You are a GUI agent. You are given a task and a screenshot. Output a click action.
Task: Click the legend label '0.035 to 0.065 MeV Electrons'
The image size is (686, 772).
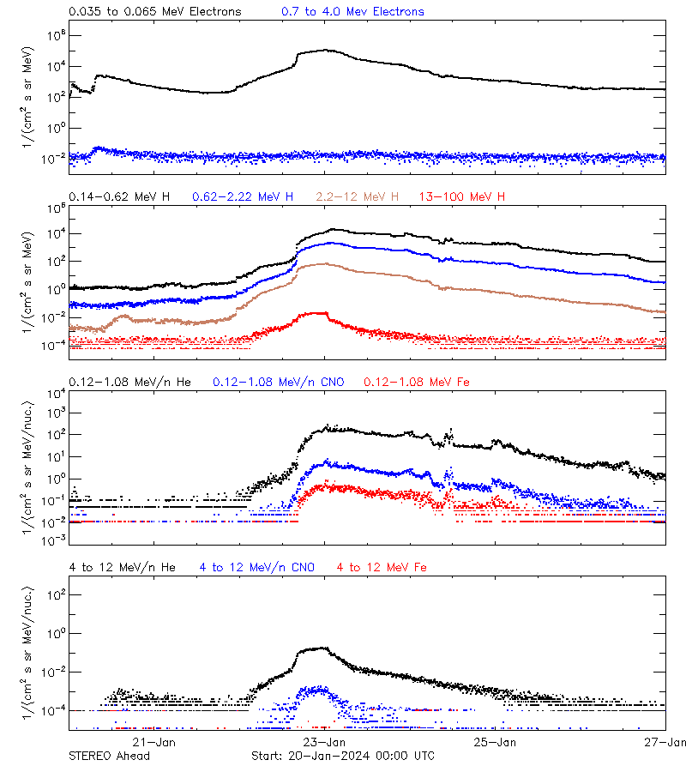[x=154, y=12]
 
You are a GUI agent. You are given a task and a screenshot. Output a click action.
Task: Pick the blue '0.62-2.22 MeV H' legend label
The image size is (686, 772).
[x=243, y=197]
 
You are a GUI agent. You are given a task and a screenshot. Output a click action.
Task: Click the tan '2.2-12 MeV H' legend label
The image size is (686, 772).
[x=358, y=197]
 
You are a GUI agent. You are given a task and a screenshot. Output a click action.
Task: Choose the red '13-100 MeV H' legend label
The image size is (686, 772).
[x=462, y=197]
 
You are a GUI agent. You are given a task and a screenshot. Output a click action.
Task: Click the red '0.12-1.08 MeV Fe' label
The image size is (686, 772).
[x=417, y=382]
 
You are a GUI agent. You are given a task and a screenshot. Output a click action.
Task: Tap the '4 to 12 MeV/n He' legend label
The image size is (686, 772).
[x=122, y=567]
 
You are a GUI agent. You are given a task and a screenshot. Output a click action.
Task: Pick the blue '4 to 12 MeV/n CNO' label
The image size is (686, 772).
[x=257, y=567]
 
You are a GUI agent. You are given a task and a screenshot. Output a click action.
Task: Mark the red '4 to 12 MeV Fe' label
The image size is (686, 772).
[x=382, y=567]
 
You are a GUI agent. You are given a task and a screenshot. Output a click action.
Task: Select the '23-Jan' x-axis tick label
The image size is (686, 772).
[x=325, y=742]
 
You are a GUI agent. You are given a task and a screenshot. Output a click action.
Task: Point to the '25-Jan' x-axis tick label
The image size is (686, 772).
[x=496, y=742]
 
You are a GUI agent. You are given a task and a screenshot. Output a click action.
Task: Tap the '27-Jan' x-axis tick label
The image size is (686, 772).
[x=665, y=742]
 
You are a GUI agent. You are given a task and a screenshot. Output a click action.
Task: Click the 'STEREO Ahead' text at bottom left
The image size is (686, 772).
[x=109, y=756]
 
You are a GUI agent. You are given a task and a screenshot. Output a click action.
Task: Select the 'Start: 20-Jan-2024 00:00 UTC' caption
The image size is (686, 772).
[x=342, y=756]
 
